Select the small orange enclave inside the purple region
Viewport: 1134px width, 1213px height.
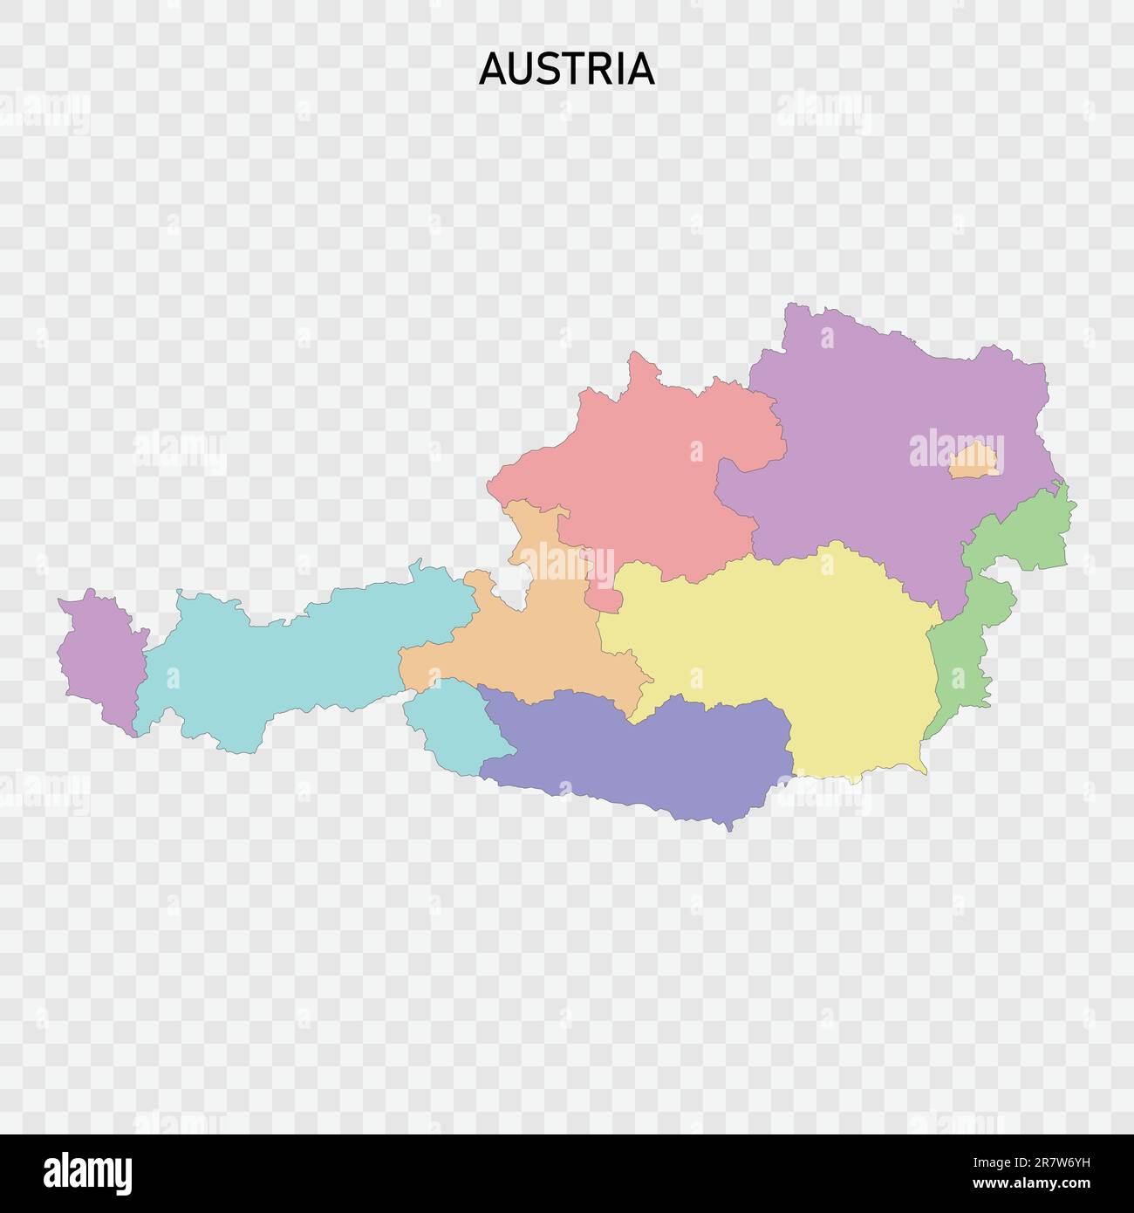[973, 462]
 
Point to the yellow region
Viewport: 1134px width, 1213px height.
[785, 646]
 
